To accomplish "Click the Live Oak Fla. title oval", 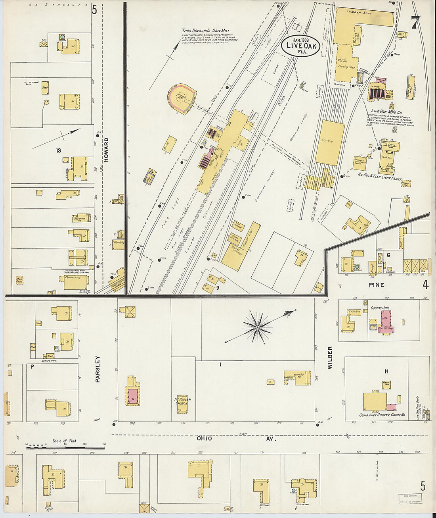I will [x=301, y=46].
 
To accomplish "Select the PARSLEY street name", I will [x=98, y=369].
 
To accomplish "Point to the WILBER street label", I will [x=330, y=358].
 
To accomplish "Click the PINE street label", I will [x=376, y=285].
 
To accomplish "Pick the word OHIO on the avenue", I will [x=204, y=439].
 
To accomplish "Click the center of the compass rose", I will [x=257, y=327].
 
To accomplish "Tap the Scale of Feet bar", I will [x=65, y=448].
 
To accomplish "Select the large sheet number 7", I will [x=415, y=23].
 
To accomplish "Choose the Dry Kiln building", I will [x=330, y=142].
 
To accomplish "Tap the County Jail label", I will [x=379, y=308].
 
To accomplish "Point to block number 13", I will [x=58, y=150].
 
